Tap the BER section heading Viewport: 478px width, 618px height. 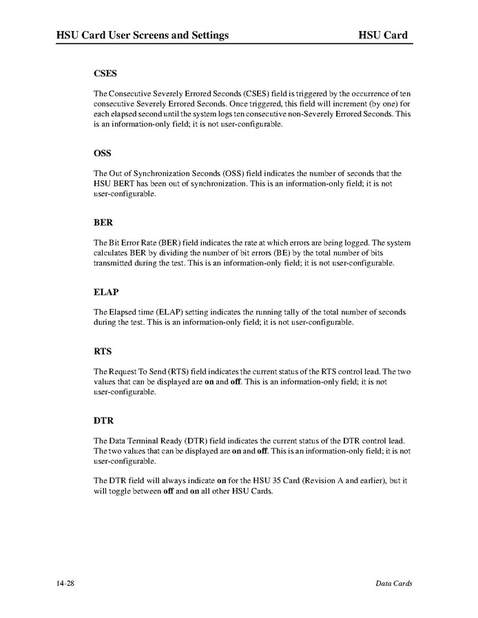[x=103, y=222]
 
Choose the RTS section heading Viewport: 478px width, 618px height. [x=103, y=352]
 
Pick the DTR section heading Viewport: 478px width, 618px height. [x=103, y=420]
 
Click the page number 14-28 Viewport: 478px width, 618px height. [x=65, y=584]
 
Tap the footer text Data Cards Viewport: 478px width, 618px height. [x=394, y=584]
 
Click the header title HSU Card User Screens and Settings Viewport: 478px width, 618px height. [x=143, y=35]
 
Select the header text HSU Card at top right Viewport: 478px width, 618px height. [x=383, y=35]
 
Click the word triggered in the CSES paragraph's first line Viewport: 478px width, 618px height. [x=313, y=93]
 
